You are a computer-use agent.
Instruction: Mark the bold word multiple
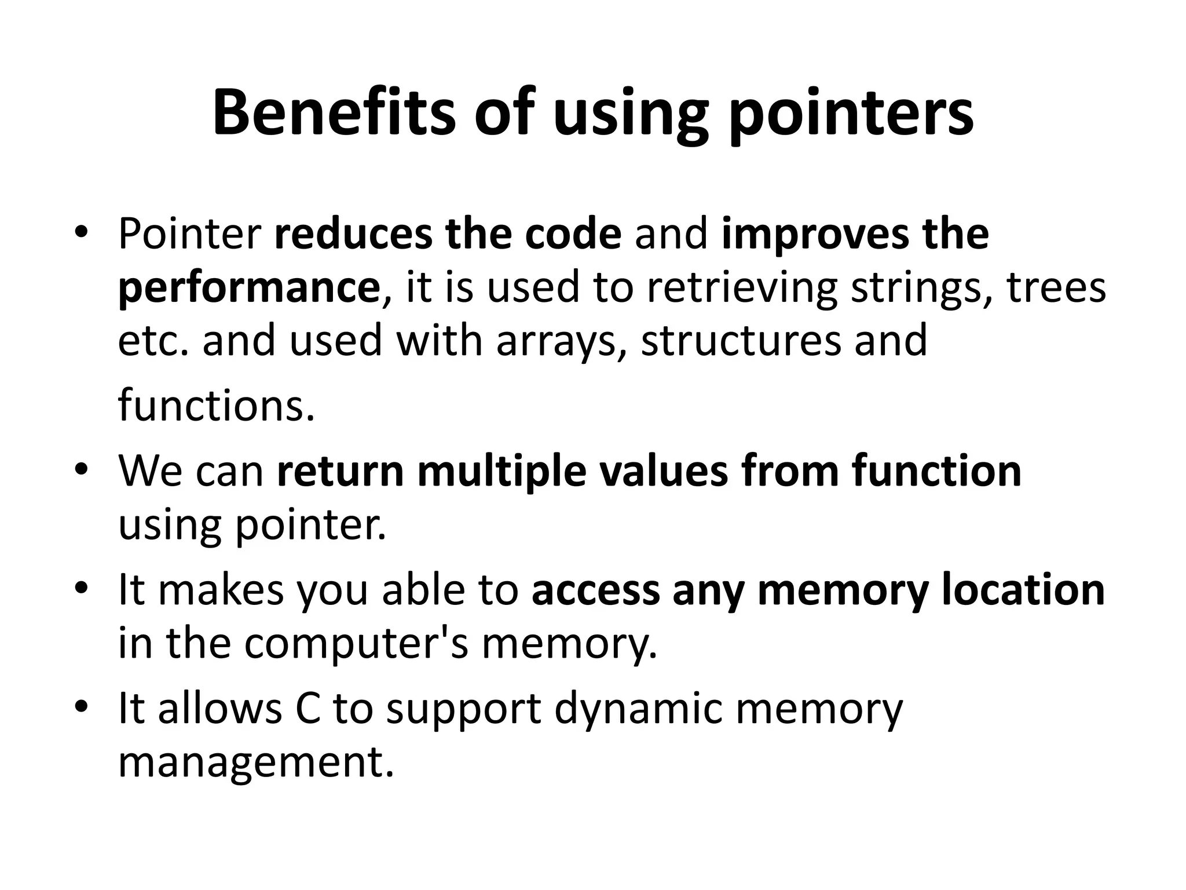[x=502, y=472]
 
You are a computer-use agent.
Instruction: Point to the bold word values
[x=662, y=472]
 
